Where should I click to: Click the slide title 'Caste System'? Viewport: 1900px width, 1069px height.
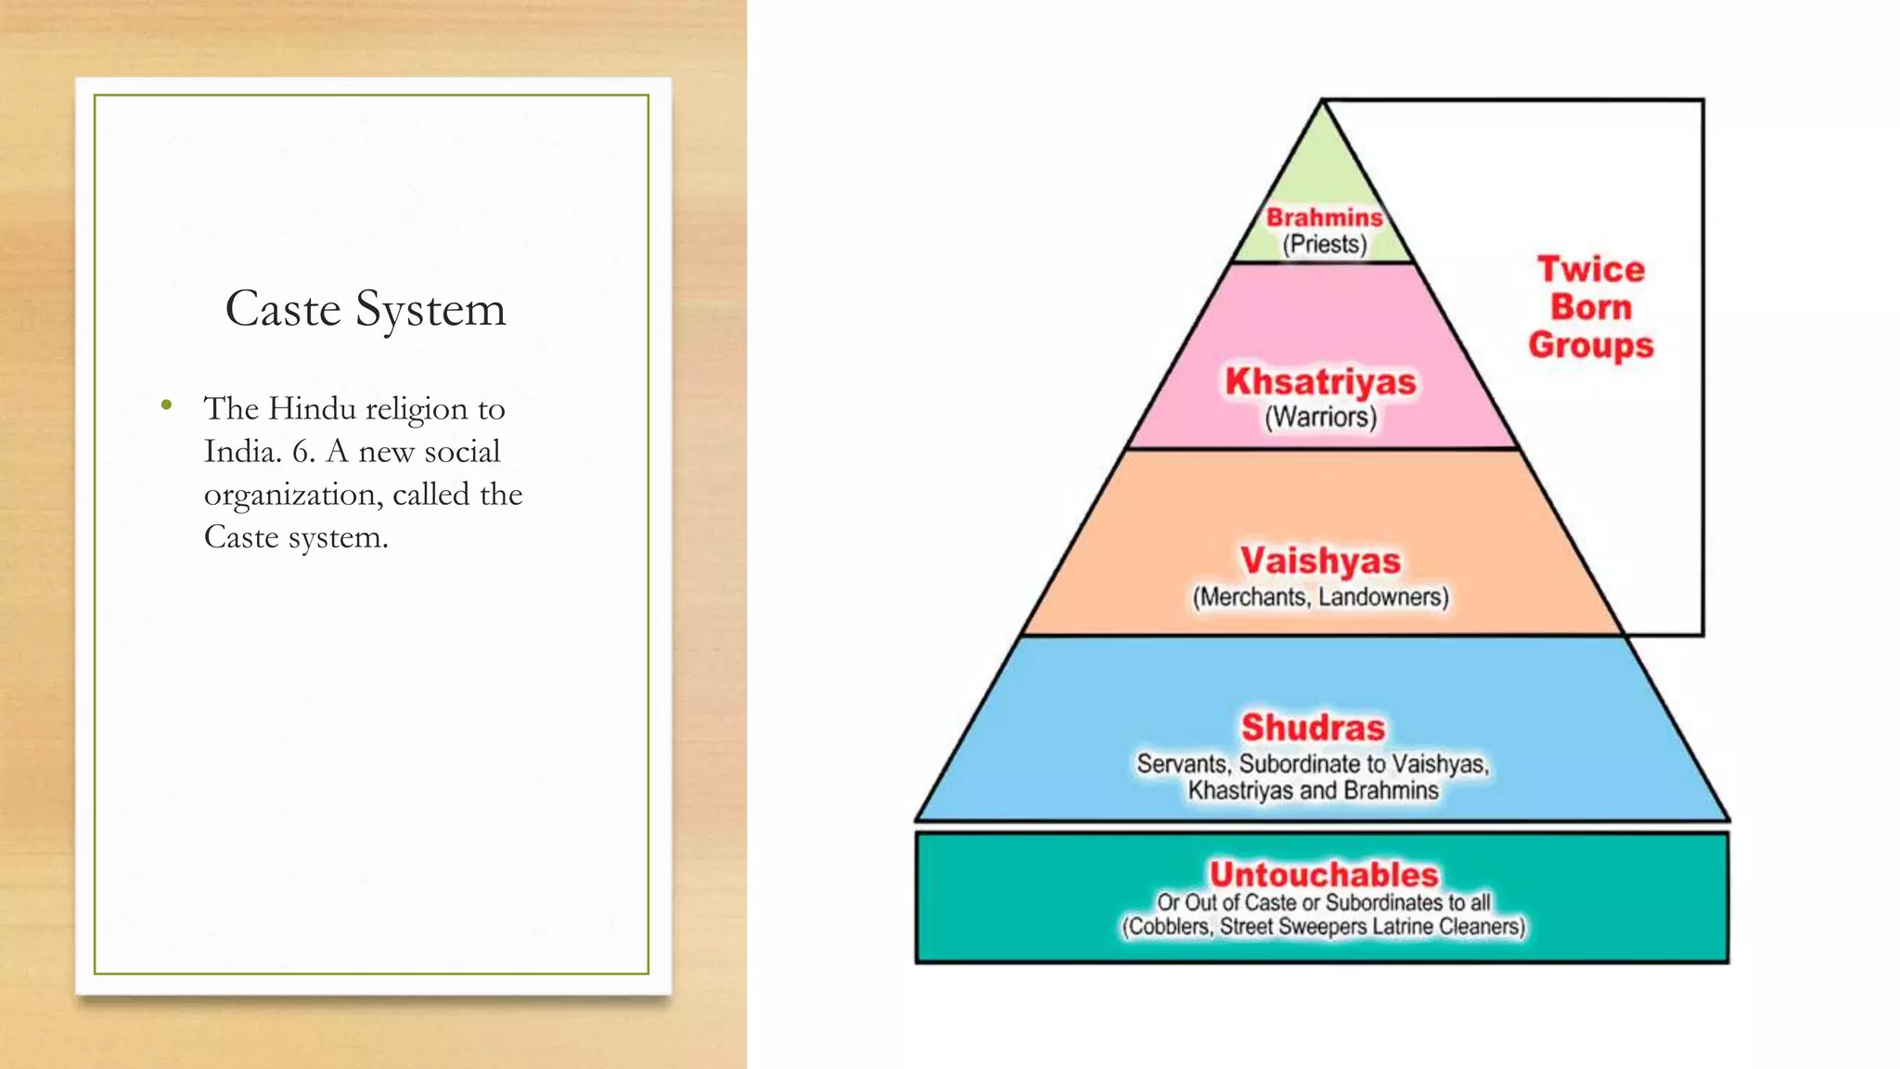tap(366, 309)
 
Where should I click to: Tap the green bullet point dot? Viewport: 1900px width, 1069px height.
tap(166, 405)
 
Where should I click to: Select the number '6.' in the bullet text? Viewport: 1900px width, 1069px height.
tap(303, 452)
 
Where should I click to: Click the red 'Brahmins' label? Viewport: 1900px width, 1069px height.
tap(1324, 217)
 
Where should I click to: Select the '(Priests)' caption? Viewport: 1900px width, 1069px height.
tap(1324, 245)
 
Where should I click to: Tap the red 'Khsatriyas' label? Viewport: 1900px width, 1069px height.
tap(1320, 381)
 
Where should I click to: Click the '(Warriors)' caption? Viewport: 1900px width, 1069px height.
tap(1320, 418)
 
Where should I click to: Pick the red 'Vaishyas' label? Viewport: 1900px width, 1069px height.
tap(1320, 560)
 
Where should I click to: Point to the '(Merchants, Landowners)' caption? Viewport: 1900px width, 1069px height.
tap(1320, 597)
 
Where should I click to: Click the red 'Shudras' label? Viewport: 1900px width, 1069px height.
tap(1313, 728)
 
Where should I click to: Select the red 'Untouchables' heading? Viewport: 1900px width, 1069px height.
tap(1323, 874)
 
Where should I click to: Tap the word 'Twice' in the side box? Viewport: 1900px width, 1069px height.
tap(1591, 269)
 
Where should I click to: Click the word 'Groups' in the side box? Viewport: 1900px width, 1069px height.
tap(1591, 345)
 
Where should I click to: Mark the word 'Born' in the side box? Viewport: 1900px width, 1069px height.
tap(1591, 307)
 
